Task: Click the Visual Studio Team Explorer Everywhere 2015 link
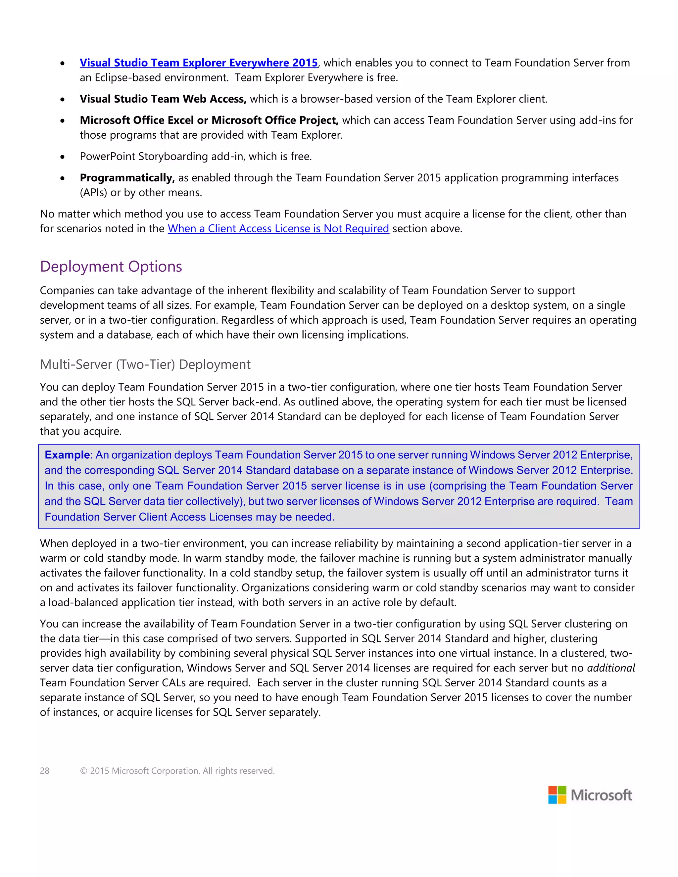click(198, 63)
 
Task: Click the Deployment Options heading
click(111, 267)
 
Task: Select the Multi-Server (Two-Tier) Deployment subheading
click(145, 364)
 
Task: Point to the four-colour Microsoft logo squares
click(557, 795)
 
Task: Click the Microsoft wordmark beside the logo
click(601, 795)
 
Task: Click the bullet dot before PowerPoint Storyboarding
click(62, 157)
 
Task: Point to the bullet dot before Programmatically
click(62, 178)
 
